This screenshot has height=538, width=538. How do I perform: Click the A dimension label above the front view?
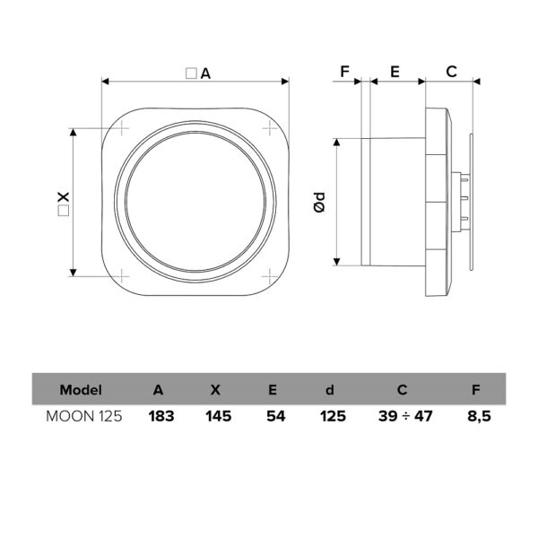tap(198, 74)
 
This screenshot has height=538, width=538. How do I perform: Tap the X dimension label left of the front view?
tap(64, 204)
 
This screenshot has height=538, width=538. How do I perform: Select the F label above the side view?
tap(344, 72)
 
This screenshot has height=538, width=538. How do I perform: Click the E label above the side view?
tap(395, 72)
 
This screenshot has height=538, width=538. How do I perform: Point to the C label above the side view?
tap(451, 72)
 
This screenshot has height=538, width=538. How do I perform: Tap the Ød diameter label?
tap(319, 202)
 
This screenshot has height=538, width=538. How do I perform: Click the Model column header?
tap(81, 390)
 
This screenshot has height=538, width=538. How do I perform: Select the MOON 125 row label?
tap(84, 416)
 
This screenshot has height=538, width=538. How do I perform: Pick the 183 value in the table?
tap(161, 416)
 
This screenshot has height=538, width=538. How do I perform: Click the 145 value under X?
tap(219, 416)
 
